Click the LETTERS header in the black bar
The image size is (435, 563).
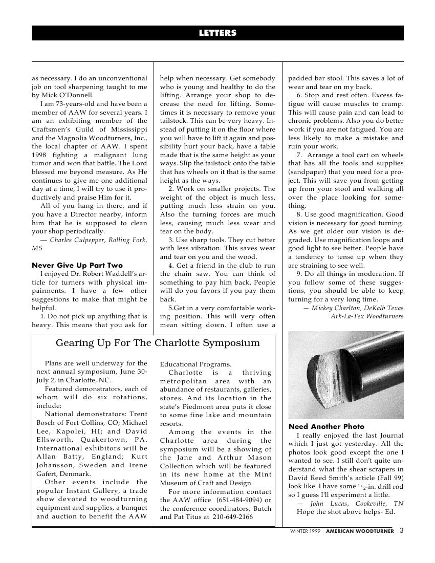(217, 33)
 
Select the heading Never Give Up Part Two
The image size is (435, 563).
(77, 265)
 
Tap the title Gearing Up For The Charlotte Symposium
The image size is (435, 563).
(158, 342)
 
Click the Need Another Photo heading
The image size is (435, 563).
(327, 426)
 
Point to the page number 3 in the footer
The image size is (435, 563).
(401, 531)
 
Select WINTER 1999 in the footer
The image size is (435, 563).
(305, 531)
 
